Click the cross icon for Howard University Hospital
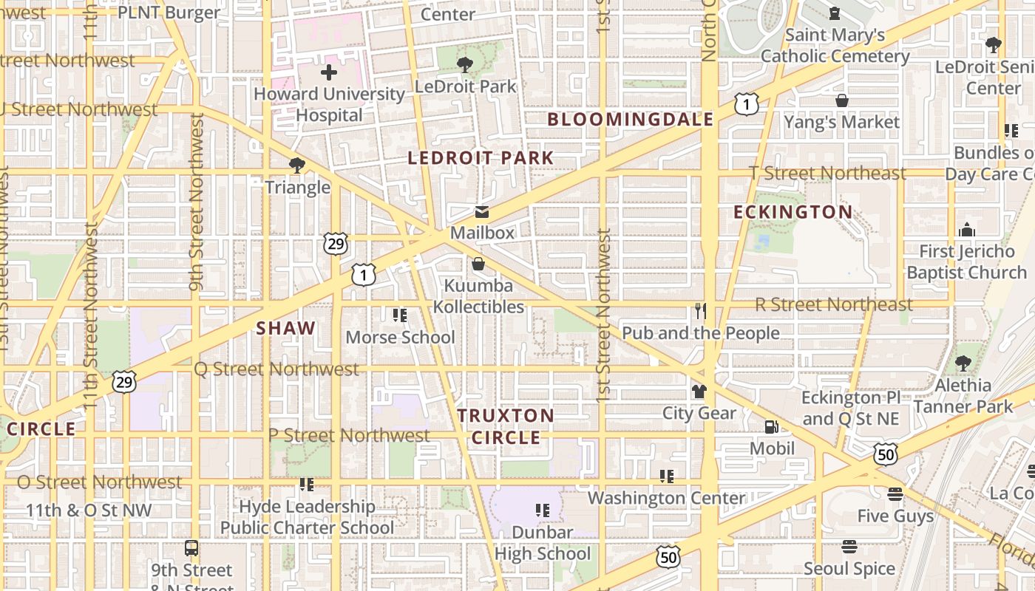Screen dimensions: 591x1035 pos(329,72)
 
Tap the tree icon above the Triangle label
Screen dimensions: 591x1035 pos(297,165)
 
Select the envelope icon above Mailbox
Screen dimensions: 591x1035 pos(482,212)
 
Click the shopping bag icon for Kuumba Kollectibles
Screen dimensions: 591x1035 pos(478,264)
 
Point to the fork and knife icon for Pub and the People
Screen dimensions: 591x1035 pos(701,311)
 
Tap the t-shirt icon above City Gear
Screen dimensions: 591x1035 pos(699,391)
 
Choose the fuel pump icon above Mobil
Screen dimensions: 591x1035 pos(771,426)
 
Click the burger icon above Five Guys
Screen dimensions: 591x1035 pos(895,493)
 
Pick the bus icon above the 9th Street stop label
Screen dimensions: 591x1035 pos(191,548)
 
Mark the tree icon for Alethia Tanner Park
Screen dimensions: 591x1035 pos(963,363)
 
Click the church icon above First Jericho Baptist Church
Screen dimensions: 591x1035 pos(966,230)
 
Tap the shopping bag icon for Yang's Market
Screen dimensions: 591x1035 pos(841,100)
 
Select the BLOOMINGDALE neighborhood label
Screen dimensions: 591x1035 pos(630,120)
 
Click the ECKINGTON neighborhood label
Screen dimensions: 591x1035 pos(793,213)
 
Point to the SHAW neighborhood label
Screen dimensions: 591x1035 pos(285,329)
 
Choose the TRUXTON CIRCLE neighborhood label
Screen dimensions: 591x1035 pos(506,426)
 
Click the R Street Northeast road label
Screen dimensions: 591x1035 pos(834,304)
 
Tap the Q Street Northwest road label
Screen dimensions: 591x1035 pos(276,369)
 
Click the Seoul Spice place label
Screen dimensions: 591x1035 pos(849,569)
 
